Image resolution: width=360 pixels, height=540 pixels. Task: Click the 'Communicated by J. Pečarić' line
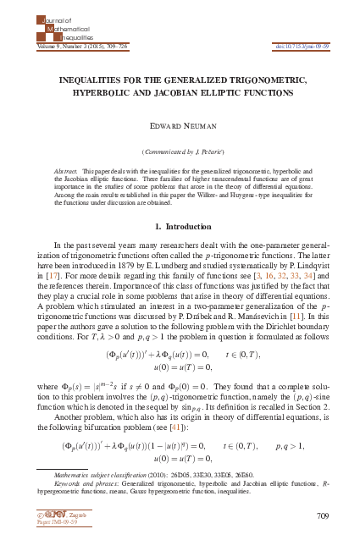pos(180,150)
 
